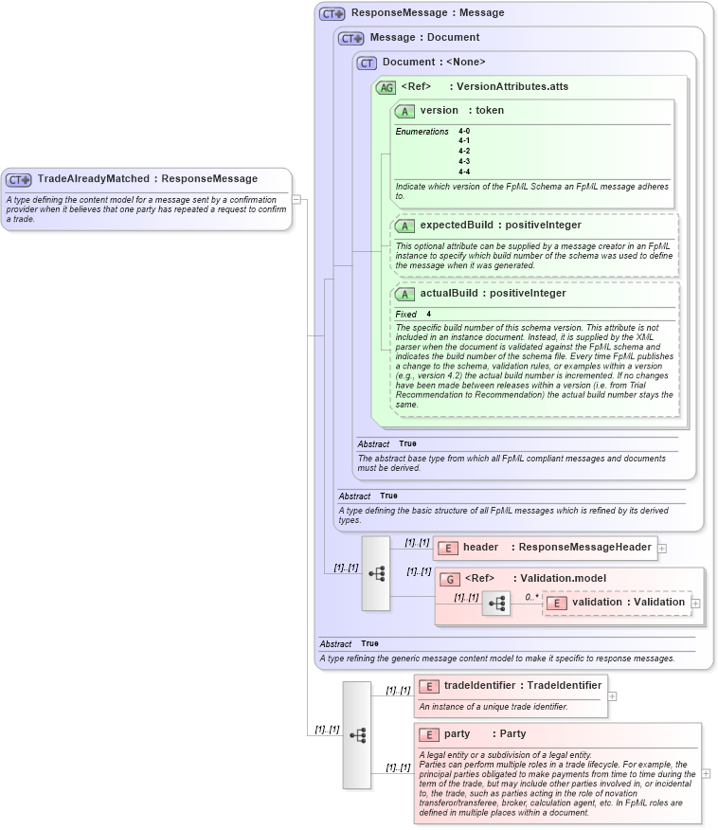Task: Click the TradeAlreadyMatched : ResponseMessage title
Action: tap(147, 178)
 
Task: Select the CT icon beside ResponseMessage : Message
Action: tap(332, 13)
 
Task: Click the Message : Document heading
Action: tap(423, 38)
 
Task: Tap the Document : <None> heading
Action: tap(433, 63)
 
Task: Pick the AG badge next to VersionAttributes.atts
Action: tap(386, 87)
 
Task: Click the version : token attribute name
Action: tap(461, 111)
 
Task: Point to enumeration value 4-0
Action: tap(464, 131)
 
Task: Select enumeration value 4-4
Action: tap(464, 171)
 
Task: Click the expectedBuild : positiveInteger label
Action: tap(500, 226)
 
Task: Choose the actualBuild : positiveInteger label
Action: tap(493, 294)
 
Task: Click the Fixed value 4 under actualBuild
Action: tap(428, 314)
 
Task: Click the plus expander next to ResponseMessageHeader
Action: tap(662, 548)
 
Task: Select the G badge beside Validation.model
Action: tap(452, 578)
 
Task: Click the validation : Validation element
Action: tap(627, 602)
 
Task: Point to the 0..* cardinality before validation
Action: tap(531, 598)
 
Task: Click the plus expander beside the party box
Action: tap(706, 773)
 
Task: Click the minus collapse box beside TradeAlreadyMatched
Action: tap(296, 199)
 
